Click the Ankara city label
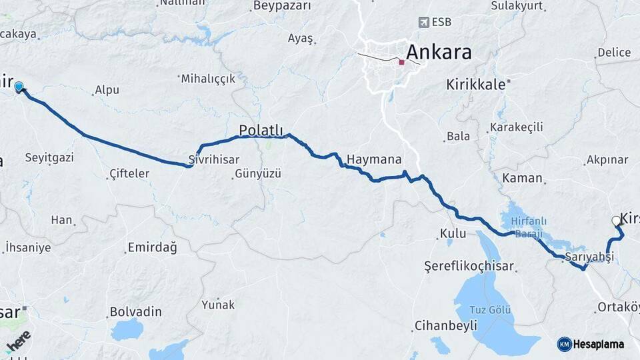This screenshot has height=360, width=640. [x=438, y=52]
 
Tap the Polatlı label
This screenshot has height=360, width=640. [x=261, y=129]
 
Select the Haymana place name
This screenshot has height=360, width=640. [x=374, y=159]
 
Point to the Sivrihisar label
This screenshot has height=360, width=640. [x=211, y=161]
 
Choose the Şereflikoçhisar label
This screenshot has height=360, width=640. [x=469, y=266]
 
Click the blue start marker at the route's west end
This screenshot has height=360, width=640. [x=19, y=87]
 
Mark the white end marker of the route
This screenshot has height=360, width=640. [x=615, y=221]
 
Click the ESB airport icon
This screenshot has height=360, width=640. [x=423, y=22]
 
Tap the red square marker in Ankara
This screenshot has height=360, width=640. [x=401, y=63]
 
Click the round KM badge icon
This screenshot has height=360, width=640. [x=564, y=344]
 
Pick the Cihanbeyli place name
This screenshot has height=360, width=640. [x=445, y=325]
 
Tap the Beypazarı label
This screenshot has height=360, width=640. [x=282, y=6]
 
